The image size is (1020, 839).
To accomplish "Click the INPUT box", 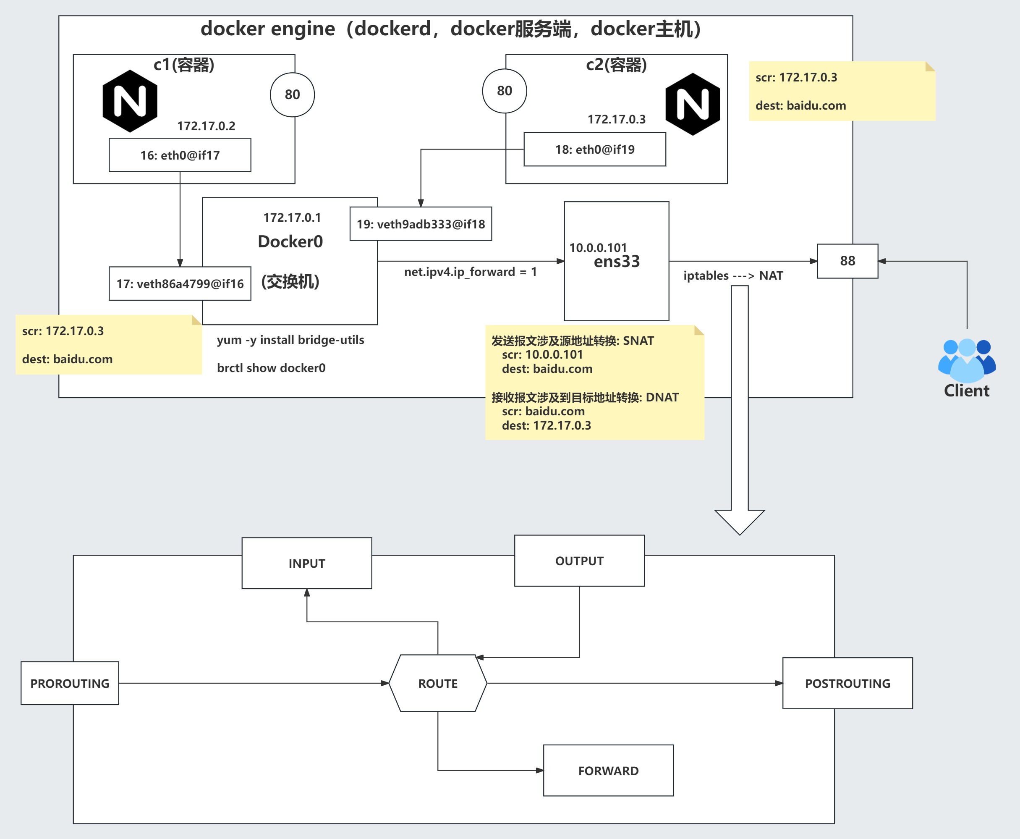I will [x=307, y=563].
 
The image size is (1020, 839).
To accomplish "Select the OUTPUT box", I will [x=579, y=561].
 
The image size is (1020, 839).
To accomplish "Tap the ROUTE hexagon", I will [x=438, y=683].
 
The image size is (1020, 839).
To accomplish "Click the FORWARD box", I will [x=608, y=771].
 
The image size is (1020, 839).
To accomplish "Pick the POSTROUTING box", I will [x=847, y=683].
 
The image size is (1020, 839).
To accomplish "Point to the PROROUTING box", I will [x=70, y=683].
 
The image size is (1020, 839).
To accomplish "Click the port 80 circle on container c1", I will [x=292, y=95].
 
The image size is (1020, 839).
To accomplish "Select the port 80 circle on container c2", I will [x=505, y=91].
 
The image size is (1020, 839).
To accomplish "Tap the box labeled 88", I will [x=847, y=261].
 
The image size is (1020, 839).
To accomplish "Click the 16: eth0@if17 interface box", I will [x=180, y=155].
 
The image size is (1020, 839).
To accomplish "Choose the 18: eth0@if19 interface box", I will [x=595, y=149].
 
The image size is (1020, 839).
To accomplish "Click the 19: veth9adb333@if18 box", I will [x=421, y=224].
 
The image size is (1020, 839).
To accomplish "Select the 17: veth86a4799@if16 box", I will [x=180, y=284].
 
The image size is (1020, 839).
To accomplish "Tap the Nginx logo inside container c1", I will [x=130, y=101].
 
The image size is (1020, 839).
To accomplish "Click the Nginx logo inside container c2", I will [x=693, y=105].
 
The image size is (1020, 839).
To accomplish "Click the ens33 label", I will [x=617, y=262].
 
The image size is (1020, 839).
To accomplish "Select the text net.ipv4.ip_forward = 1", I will [x=470, y=272].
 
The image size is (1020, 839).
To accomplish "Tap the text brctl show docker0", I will [x=271, y=368].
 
